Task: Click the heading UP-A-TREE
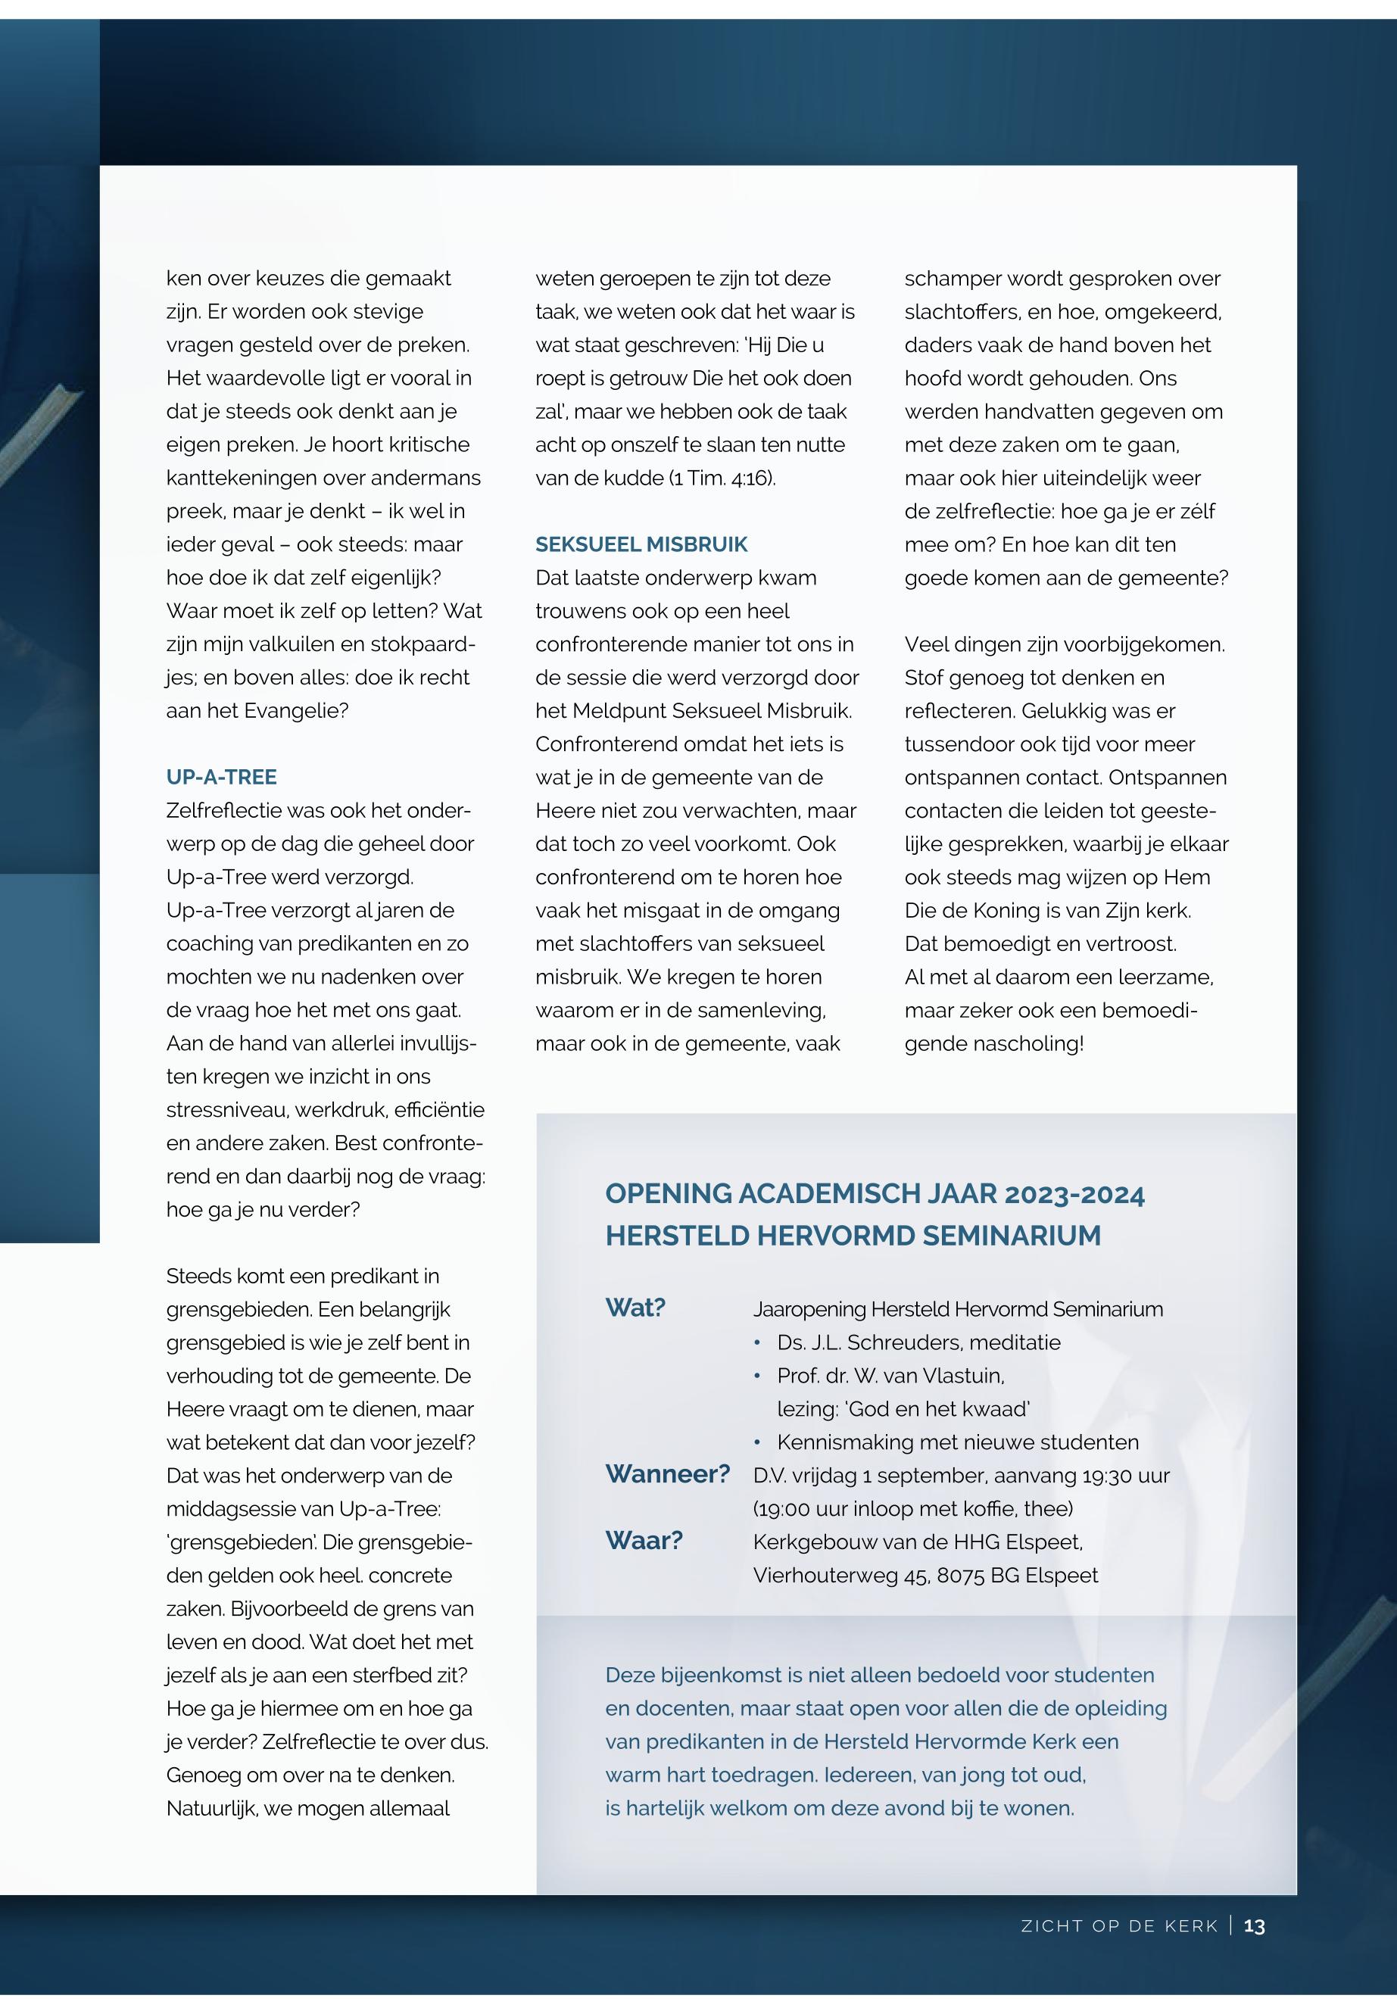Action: coord(221,778)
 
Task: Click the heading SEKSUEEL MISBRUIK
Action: coord(641,544)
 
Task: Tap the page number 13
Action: coord(1255,1925)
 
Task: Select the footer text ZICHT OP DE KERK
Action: coord(1120,1926)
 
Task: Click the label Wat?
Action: coord(635,1308)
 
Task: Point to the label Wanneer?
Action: coord(668,1474)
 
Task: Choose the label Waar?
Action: coord(644,1541)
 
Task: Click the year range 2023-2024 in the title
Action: coord(1075,1195)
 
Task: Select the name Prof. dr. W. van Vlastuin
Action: coord(890,1376)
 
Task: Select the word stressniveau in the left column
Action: coord(228,1110)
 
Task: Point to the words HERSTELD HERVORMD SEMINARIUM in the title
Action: coord(853,1236)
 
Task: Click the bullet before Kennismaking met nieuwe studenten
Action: coord(758,1442)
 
